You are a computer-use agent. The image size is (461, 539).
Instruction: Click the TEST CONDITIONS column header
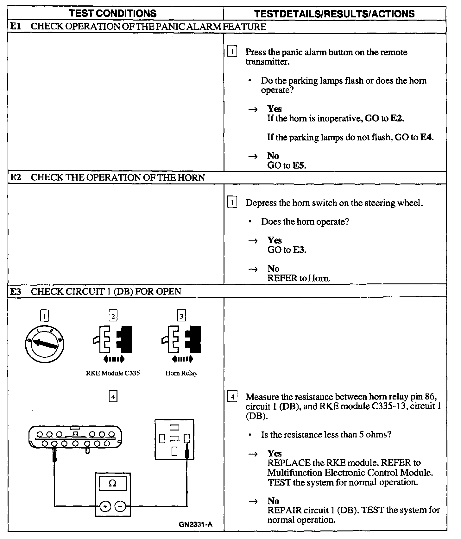pos(113,13)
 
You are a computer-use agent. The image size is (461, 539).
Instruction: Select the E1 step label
pos(16,27)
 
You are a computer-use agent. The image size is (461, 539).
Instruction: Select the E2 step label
pos(16,177)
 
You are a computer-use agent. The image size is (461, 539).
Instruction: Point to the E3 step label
pos(16,291)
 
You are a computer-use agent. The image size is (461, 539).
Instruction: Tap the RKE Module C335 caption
pos(113,373)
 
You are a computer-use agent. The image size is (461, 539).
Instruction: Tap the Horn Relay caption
pos(181,373)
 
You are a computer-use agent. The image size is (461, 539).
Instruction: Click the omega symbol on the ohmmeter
pos(112,483)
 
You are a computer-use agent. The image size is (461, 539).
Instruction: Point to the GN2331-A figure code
pos(196,524)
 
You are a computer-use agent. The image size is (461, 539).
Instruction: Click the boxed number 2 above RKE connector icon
pos(113,316)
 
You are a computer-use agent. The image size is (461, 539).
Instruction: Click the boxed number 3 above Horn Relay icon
pos(181,316)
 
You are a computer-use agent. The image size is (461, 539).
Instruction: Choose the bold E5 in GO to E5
pos(299,165)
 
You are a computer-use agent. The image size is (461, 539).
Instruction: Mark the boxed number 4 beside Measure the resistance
pos(232,397)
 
